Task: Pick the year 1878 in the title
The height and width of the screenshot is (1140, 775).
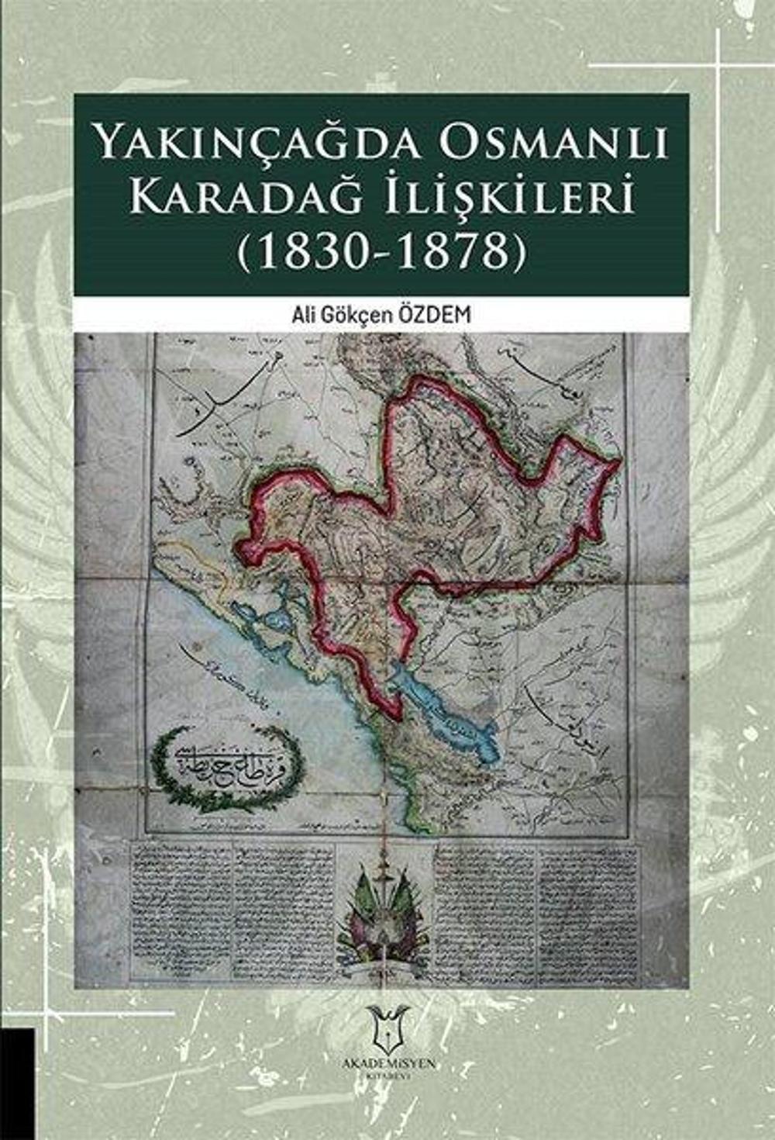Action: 453,250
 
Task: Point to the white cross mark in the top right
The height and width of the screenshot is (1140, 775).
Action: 717,66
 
